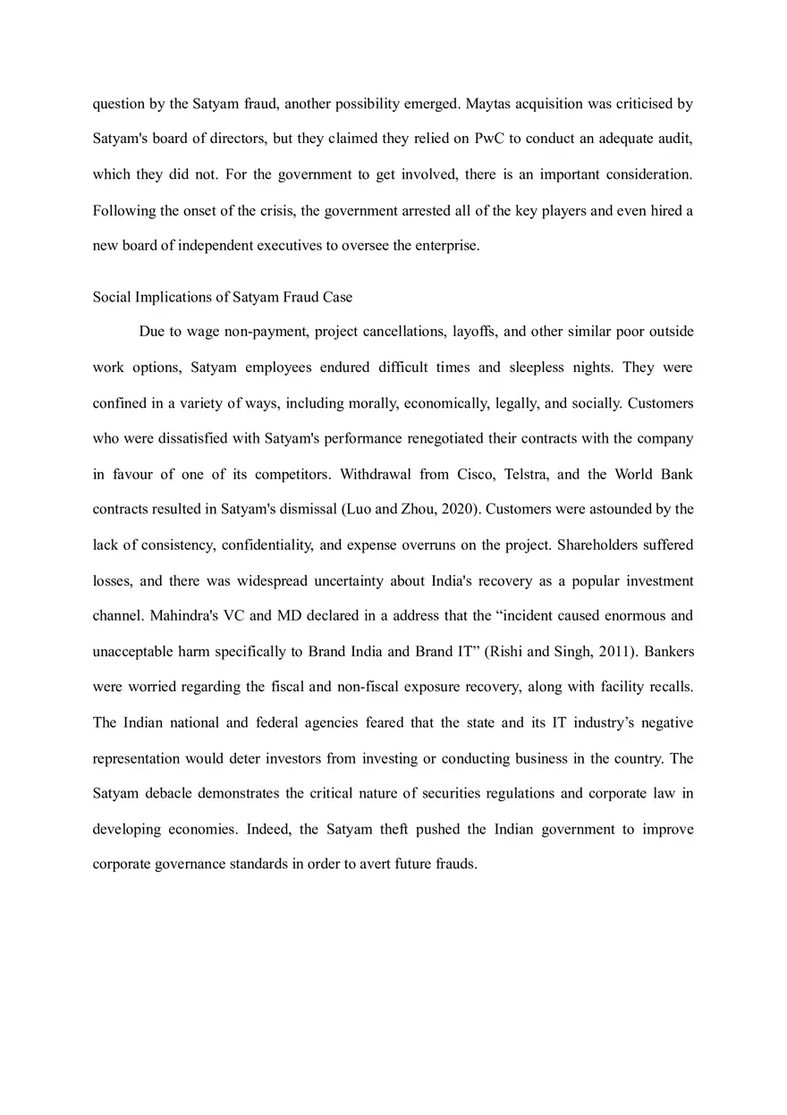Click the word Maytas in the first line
click(488, 104)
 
